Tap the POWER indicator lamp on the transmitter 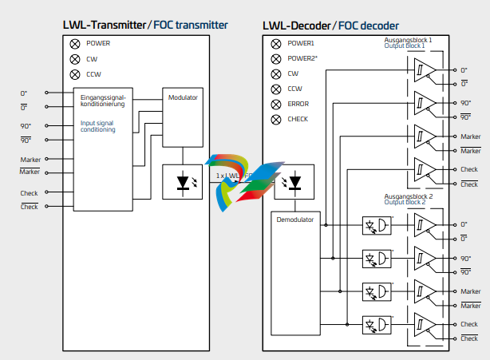pyautogui.click(x=75, y=43)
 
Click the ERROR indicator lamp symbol pyautogui.click(x=276, y=104)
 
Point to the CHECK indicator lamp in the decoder pyautogui.click(x=276, y=119)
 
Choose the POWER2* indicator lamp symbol pyautogui.click(x=276, y=58)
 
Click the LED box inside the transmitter pyautogui.click(x=183, y=181)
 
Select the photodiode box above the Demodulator pyautogui.click(x=294, y=182)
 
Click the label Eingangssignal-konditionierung pyautogui.click(x=103, y=101)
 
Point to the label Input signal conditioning pyautogui.click(x=98, y=126)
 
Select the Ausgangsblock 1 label pyautogui.click(x=408, y=39)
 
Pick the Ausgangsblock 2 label pyautogui.click(x=408, y=196)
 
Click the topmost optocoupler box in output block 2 pyautogui.click(x=377, y=226)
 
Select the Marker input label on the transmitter pyautogui.click(x=30, y=160)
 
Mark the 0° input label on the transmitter pyautogui.click(x=25, y=93)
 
